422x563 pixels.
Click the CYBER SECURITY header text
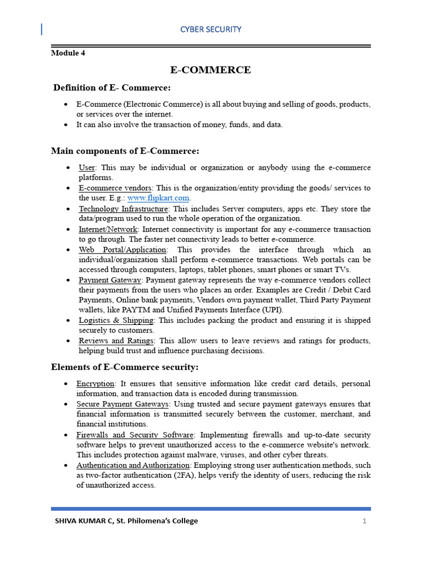(x=211, y=29)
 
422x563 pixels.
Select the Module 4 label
(x=68, y=53)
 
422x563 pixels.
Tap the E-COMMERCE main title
(x=210, y=70)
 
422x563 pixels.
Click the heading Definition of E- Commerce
(x=112, y=88)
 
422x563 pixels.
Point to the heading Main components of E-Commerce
(x=125, y=151)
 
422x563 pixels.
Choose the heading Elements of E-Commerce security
(x=125, y=367)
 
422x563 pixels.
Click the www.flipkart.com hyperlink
(x=159, y=198)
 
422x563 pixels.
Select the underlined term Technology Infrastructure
(x=123, y=209)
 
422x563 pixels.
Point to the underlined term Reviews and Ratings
(x=116, y=341)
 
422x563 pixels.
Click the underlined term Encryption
(x=96, y=383)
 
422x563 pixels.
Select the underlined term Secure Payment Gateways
(x=123, y=404)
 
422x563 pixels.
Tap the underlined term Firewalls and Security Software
(x=135, y=435)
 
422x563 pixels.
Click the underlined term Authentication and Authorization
(x=133, y=465)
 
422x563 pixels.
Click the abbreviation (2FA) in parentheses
(x=210, y=476)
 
